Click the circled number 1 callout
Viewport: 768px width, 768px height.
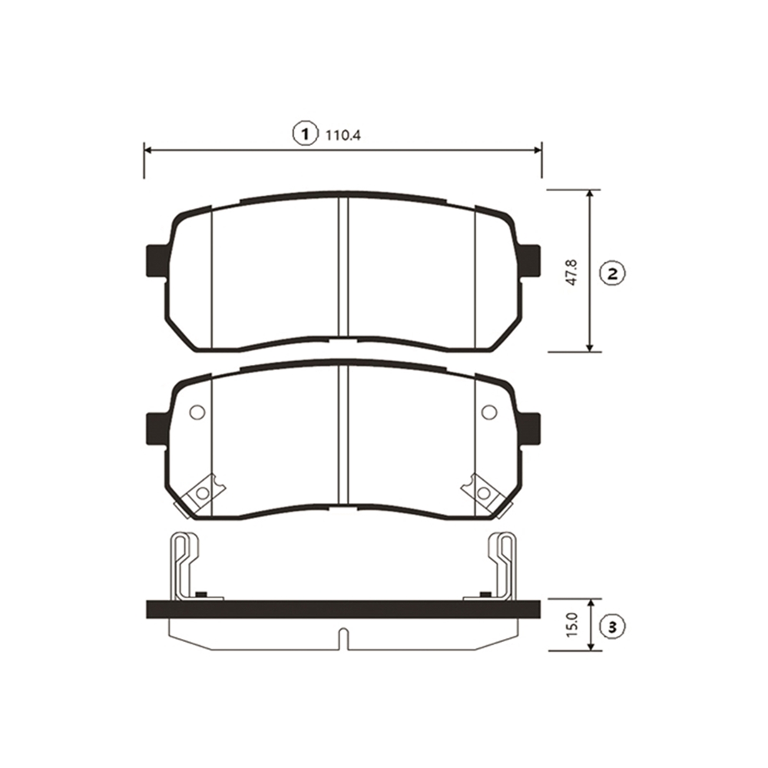coord(306,133)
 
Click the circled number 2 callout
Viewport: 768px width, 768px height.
coord(612,273)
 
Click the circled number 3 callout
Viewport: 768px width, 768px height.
coord(612,627)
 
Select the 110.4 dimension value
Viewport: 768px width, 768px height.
coord(343,134)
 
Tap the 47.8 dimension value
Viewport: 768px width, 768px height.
coord(574,273)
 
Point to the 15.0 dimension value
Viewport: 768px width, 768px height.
coord(574,624)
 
